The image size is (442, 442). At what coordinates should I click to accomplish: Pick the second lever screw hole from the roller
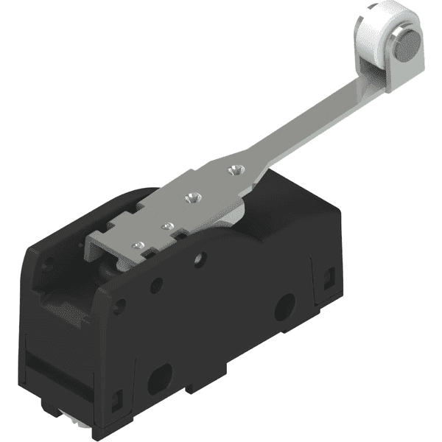(194, 197)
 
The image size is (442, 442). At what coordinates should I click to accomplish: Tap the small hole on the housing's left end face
(47, 267)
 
